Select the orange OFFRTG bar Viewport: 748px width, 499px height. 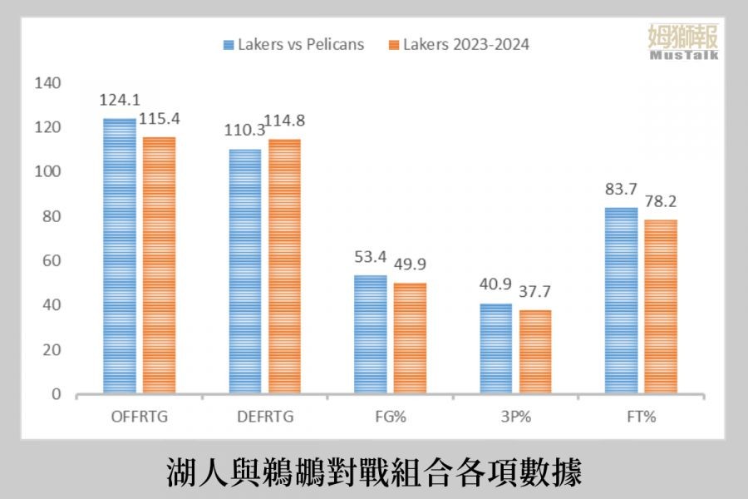click(159, 265)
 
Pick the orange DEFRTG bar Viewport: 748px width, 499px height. click(283, 266)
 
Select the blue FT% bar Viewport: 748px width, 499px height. click(621, 300)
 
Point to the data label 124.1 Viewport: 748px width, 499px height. click(119, 100)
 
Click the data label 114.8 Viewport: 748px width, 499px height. click(284, 121)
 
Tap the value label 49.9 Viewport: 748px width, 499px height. click(411, 264)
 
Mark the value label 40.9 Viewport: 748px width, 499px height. click(496, 285)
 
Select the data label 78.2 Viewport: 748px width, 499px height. click(661, 201)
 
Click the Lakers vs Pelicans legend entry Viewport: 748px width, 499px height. click(293, 45)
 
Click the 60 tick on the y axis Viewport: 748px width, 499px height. click(52, 261)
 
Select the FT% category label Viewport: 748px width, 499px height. click(641, 417)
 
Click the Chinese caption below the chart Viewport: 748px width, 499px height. click(373, 471)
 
